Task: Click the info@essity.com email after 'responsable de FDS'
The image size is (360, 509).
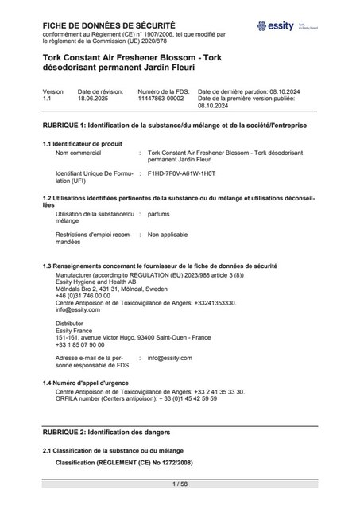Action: pos(170,359)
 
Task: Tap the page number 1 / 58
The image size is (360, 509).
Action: pos(180,484)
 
